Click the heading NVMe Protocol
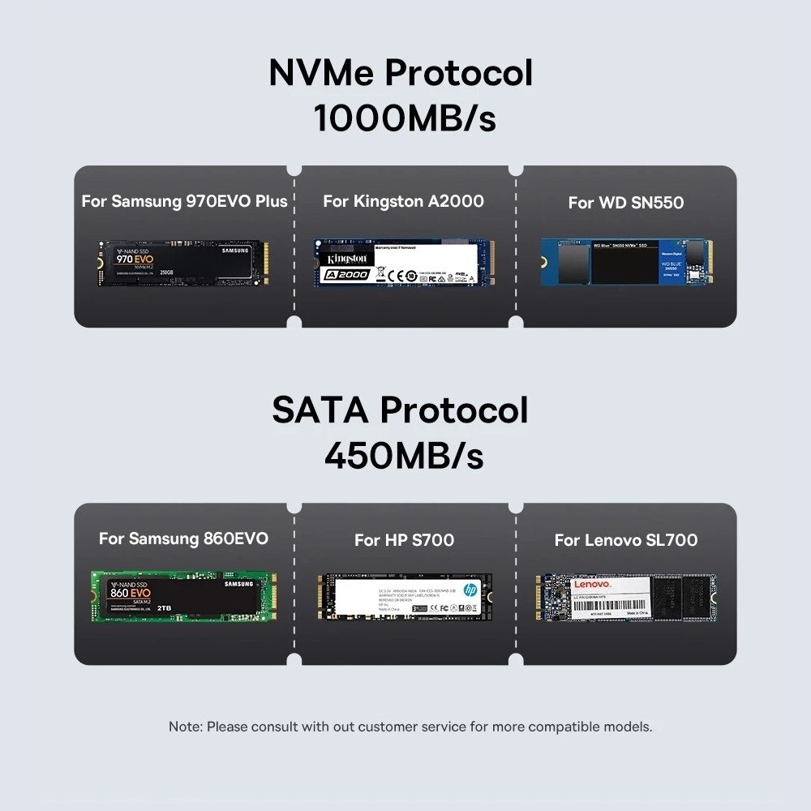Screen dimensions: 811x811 pyautogui.click(x=401, y=74)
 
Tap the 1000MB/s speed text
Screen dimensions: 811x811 pyautogui.click(x=404, y=118)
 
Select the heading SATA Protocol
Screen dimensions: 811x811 pyautogui.click(x=400, y=410)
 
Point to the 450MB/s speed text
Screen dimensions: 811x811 pyautogui.click(x=404, y=456)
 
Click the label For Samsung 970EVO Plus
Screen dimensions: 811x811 pyautogui.click(x=184, y=201)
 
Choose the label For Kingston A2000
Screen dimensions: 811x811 pyautogui.click(x=403, y=201)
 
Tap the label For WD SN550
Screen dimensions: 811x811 pyautogui.click(x=625, y=203)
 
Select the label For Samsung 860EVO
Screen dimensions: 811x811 pyautogui.click(x=183, y=539)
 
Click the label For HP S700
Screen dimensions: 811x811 pyautogui.click(x=404, y=540)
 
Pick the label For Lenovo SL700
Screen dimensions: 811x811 pyautogui.click(x=625, y=540)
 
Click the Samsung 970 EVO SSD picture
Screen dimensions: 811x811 pyautogui.click(x=183, y=262)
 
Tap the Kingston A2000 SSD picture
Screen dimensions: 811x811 pyautogui.click(x=404, y=262)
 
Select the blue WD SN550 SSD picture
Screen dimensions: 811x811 pyautogui.click(x=625, y=262)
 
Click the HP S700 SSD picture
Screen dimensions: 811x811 pyautogui.click(x=404, y=598)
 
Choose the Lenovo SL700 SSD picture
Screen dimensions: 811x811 pyautogui.click(x=625, y=599)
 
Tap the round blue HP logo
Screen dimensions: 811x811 pyautogui.click(x=470, y=591)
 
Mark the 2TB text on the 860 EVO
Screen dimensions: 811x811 pyautogui.click(x=165, y=607)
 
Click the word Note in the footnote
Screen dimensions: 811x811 pyautogui.click(x=185, y=727)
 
